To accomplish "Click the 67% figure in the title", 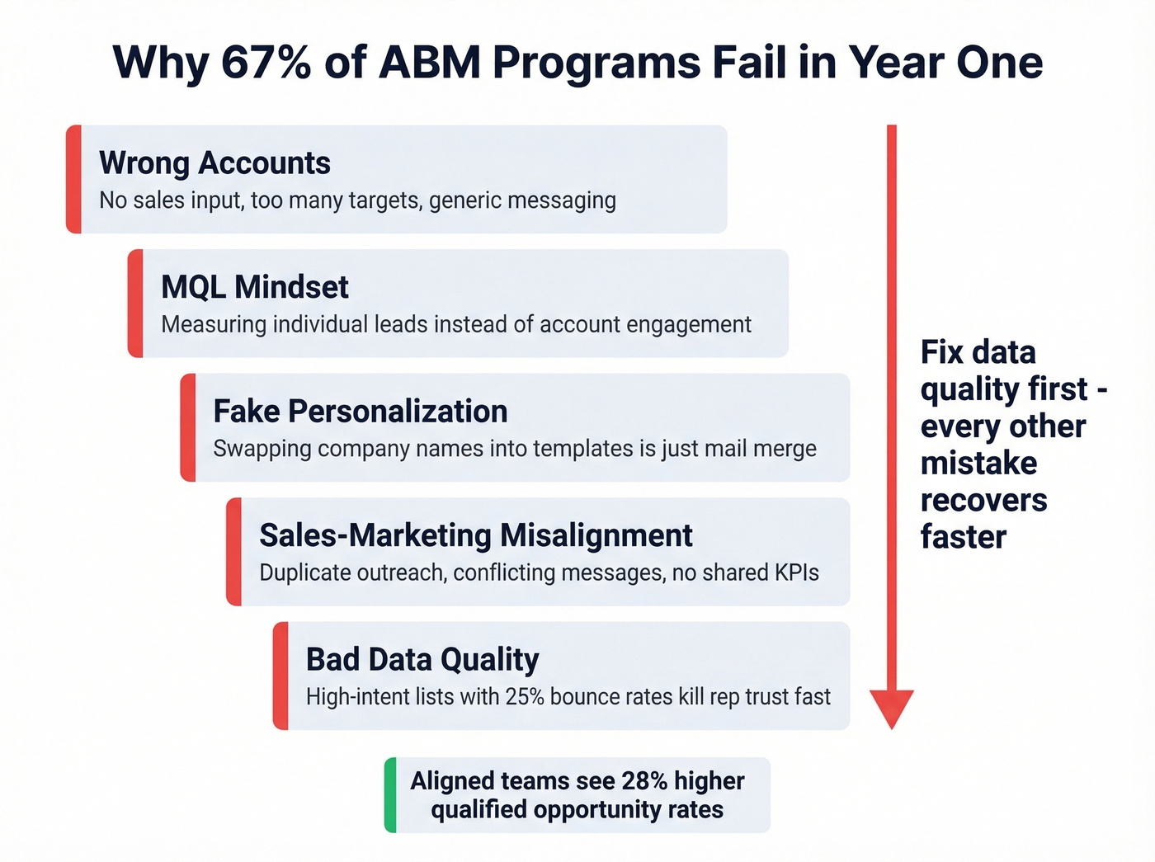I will click(266, 63).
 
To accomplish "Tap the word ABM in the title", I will click(429, 63).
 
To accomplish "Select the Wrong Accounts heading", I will click(214, 163).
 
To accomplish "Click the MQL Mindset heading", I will click(255, 287).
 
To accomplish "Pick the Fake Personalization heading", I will click(361, 412).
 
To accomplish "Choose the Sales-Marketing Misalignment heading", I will click(476, 535).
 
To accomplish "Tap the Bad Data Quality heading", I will click(422, 660).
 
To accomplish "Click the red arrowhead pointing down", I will click(892, 708).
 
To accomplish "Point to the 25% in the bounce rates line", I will click(525, 697).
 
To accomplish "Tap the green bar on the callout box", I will click(390, 795).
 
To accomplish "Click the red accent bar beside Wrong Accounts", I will click(73, 179).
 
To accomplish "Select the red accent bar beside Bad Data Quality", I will click(280, 676).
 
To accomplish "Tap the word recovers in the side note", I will click(983, 500).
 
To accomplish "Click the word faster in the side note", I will click(963, 537).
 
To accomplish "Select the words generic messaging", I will click(522, 200).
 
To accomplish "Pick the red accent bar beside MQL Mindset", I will click(135, 304).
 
